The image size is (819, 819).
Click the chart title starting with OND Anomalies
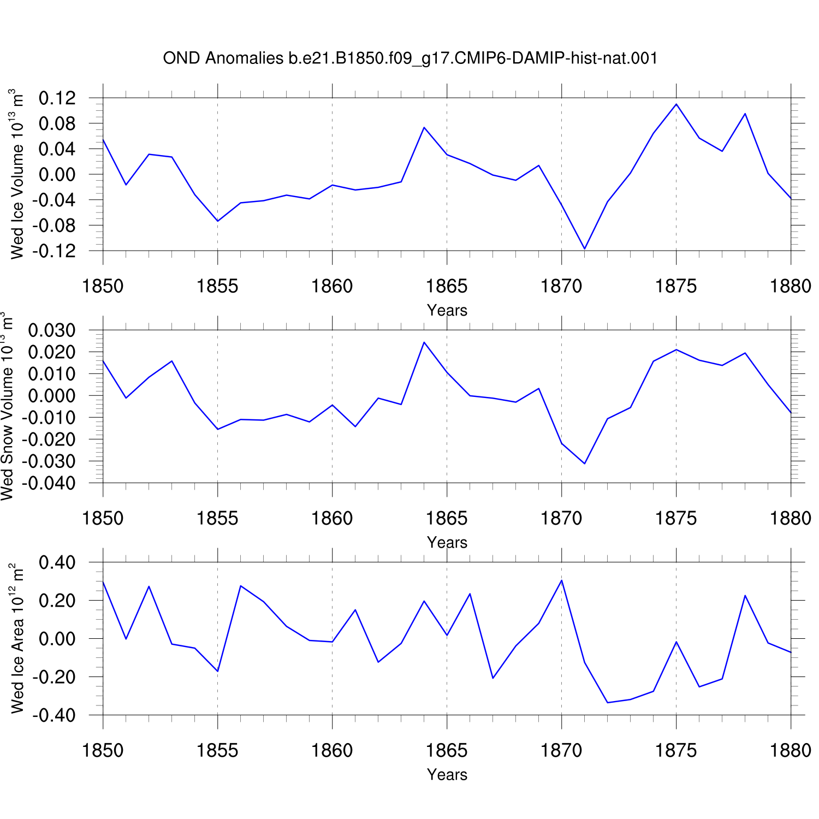(x=410, y=58)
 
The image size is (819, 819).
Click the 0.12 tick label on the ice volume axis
(x=57, y=98)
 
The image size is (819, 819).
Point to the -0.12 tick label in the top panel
(x=54, y=251)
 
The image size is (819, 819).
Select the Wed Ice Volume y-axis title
(x=17, y=174)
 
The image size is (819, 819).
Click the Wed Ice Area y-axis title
(x=17, y=638)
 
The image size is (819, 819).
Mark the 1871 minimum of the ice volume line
(x=585, y=249)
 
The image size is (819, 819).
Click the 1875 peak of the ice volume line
(x=676, y=104)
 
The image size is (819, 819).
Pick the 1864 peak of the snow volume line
(x=424, y=342)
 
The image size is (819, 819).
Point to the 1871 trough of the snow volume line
(x=585, y=464)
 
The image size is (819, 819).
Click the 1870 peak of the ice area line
(x=562, y=580)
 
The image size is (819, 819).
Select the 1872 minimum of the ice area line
(x=608, y=703)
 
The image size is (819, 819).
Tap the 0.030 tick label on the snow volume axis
(x=52, y=330)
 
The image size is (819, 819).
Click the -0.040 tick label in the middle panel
(x=49, y=483)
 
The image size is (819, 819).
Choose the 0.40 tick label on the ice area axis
(x=57, y=562)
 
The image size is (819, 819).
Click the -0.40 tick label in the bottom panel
(x=54, y=715)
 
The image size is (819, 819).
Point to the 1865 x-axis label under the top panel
(x=447, y=286)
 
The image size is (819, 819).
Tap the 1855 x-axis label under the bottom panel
(x=217, y=751)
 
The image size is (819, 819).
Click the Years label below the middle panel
(x=447, y=543)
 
